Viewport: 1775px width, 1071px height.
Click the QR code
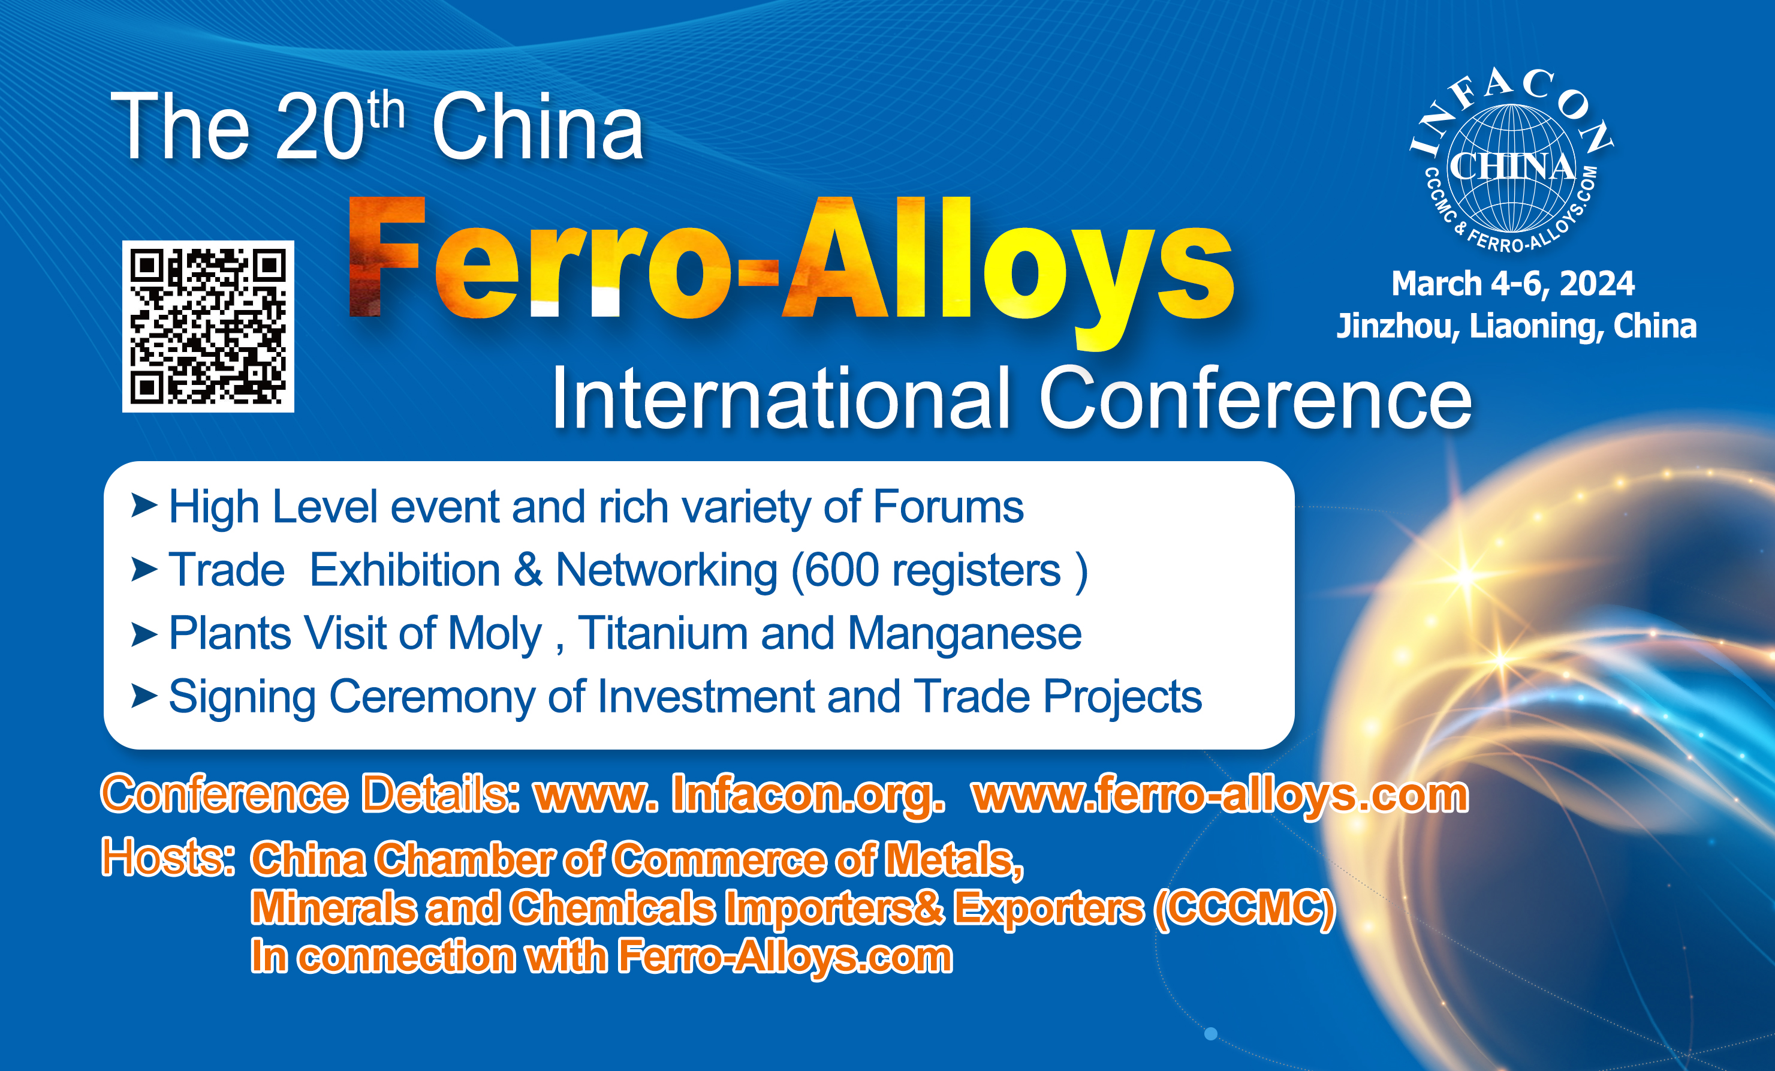click(x=208, y=326)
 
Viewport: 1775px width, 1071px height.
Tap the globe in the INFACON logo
click(x=1511, y=169)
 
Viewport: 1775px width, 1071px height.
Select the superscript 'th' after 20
click(x=385, y=110)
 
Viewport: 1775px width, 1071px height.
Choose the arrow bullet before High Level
click(x=144, y=506)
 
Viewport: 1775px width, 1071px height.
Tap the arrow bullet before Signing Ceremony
click(x=144, y=696)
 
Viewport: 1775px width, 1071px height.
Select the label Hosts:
click(x=168, y=857)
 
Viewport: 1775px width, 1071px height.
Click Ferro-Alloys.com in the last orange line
click(x=785, y=957)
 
